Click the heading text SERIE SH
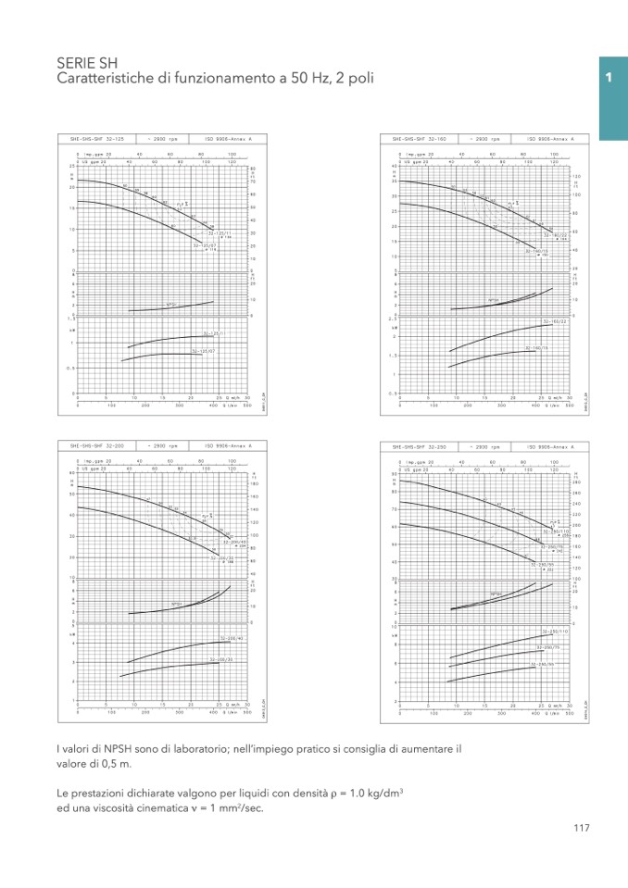point(82,63)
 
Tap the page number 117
point(582,829)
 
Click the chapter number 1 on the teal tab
point(609,79)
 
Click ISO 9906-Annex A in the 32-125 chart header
point(228,138)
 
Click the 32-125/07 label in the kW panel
point(204,351)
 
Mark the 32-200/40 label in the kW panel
point(232,638)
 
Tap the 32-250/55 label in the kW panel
point(542,664)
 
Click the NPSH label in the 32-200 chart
point(176,605)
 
